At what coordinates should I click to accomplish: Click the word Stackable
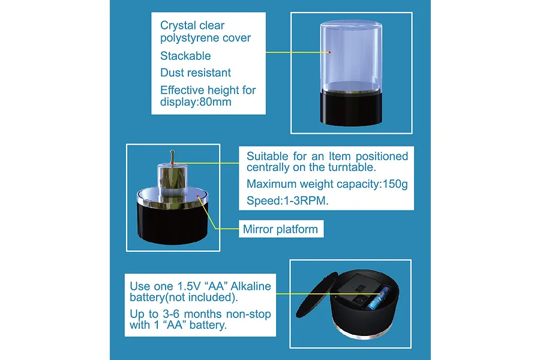(185, 56)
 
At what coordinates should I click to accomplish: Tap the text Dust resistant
(195, 73)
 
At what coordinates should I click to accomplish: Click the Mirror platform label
(280, 229)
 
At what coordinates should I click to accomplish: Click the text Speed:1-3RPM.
(287, 200)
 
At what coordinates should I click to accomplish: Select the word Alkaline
(251, 286)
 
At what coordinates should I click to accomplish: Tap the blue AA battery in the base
(377, 299)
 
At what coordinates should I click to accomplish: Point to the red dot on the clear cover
(329, 52)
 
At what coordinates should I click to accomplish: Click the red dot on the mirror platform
(198, 196)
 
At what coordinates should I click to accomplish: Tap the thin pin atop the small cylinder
(172, 157)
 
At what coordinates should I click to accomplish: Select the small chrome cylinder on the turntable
(172, 180)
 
